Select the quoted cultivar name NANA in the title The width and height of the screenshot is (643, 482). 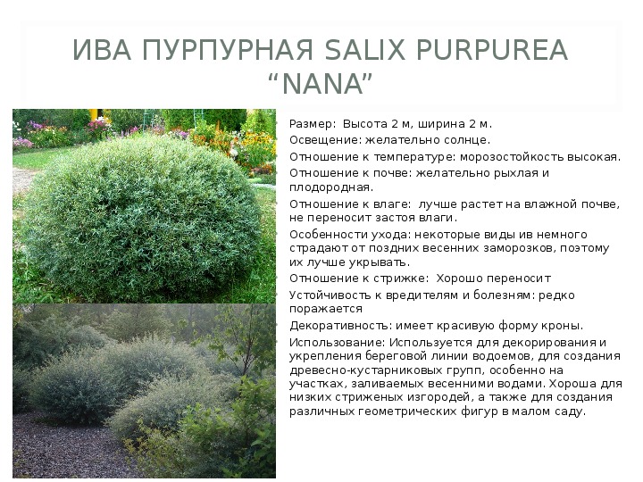coord(322,84)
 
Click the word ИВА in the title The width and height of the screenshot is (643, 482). coord(102,50)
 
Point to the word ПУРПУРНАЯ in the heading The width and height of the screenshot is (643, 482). coord(228,50)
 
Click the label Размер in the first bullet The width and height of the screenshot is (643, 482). coord(309,124)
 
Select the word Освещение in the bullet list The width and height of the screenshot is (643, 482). coord(326,140)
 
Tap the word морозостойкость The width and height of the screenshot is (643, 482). coord(513,157)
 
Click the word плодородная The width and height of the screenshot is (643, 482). coord(331,187)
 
